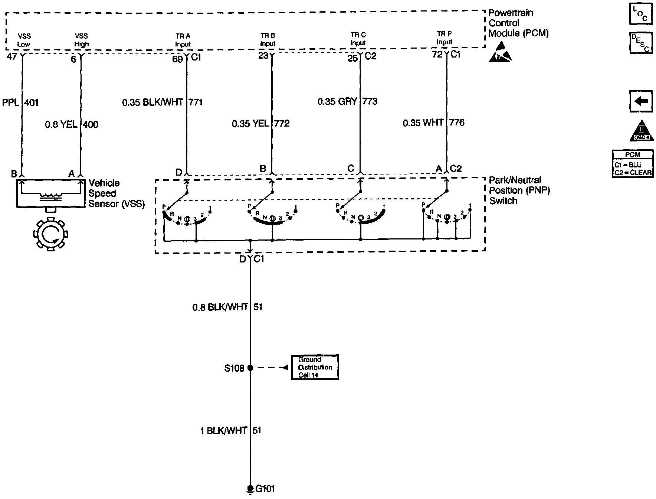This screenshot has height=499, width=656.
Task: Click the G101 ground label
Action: coord(265,489)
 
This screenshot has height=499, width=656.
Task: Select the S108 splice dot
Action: coord(250,368)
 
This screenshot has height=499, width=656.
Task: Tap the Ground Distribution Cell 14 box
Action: coord(315,367)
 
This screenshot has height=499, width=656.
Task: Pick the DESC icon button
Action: coord(641,43)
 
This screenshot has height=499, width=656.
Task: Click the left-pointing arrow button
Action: coord(641,101)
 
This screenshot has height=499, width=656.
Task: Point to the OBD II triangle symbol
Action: coord(641,131)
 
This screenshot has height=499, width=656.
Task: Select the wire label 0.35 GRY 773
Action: coord(347,101)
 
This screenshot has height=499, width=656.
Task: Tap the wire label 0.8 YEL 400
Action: coord(72,124)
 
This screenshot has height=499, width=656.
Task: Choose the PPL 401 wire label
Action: coord(20,102)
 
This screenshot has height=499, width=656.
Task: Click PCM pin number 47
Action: coord(12,57)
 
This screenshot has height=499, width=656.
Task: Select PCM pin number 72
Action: coord(437,55)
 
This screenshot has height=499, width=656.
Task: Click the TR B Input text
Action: coord(268,39)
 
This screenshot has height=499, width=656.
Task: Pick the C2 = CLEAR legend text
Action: coord(632,173)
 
